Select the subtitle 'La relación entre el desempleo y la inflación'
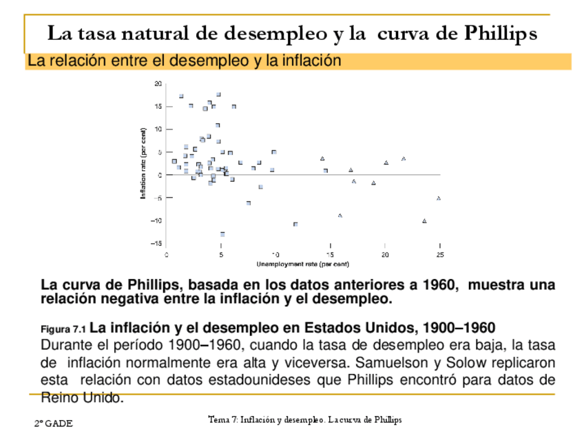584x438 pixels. click(184, 61)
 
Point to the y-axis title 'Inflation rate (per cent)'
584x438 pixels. click(144, 163)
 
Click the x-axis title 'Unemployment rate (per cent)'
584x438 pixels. click(303, 264)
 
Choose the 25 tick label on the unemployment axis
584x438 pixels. click(439, 254)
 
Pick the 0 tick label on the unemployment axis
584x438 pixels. click(167, 254)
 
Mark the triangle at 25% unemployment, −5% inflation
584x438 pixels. click(439, 198)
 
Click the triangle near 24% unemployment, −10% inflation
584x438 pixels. click(424, 221)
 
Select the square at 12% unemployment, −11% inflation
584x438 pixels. click(295, 225)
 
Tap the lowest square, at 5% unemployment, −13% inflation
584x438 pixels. click(222, 234)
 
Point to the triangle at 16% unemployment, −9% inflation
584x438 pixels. click(340, 216)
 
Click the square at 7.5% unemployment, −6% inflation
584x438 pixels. click(249, 203)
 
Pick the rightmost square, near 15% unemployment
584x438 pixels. click(326, 170)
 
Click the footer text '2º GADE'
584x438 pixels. click(54, 424)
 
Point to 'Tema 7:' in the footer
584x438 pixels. click(220, 419)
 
